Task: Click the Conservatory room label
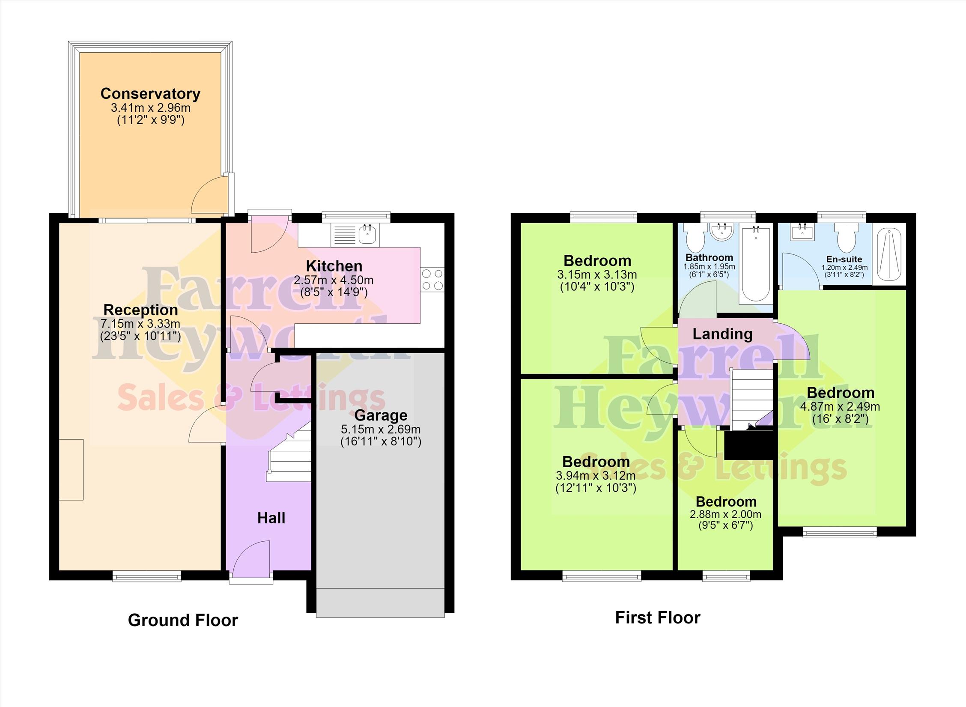[150, 93]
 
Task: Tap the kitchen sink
[355, 235]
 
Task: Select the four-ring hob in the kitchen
[432, 280]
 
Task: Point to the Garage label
[381, 415]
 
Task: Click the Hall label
[271, 518]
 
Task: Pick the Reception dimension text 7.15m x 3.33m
[140, 324]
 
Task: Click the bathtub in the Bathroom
[756, 264]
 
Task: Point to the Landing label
[722, 334]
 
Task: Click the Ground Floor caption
[183, 620]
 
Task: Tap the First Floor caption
[658, 618]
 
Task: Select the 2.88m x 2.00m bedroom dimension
[726, 514]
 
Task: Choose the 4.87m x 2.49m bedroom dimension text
[840, 406]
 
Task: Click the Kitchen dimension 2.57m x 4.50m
[334, 280]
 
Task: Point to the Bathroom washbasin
[722, 232]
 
